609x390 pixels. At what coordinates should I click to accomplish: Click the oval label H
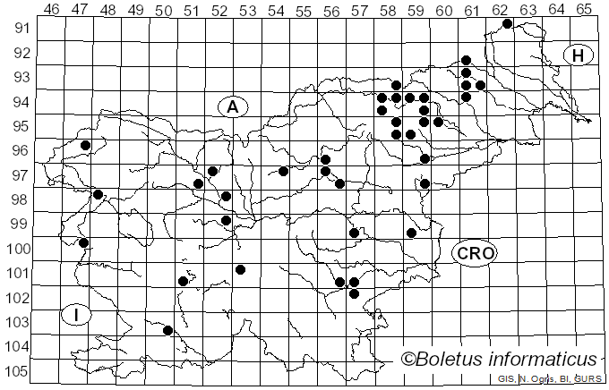(x=579, y=55)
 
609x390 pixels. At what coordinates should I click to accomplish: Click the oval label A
(x=232, y=107)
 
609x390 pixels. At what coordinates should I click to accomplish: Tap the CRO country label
(x=475, y=254)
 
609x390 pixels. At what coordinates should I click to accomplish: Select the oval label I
(x=77, y=315)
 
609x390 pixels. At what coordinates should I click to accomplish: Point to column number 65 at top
(x=584, y=10)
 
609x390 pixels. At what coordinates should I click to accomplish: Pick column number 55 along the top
(x=304, y=10)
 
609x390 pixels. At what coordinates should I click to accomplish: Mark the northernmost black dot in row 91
(x=507, y=23)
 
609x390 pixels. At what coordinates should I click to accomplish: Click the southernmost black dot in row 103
(x=167, y=330)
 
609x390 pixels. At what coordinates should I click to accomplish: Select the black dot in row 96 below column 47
(x=85, y=145)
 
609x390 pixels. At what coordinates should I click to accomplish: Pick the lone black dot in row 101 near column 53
(x=240, y=269)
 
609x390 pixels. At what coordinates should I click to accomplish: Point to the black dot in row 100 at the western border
(x=83, y=242)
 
